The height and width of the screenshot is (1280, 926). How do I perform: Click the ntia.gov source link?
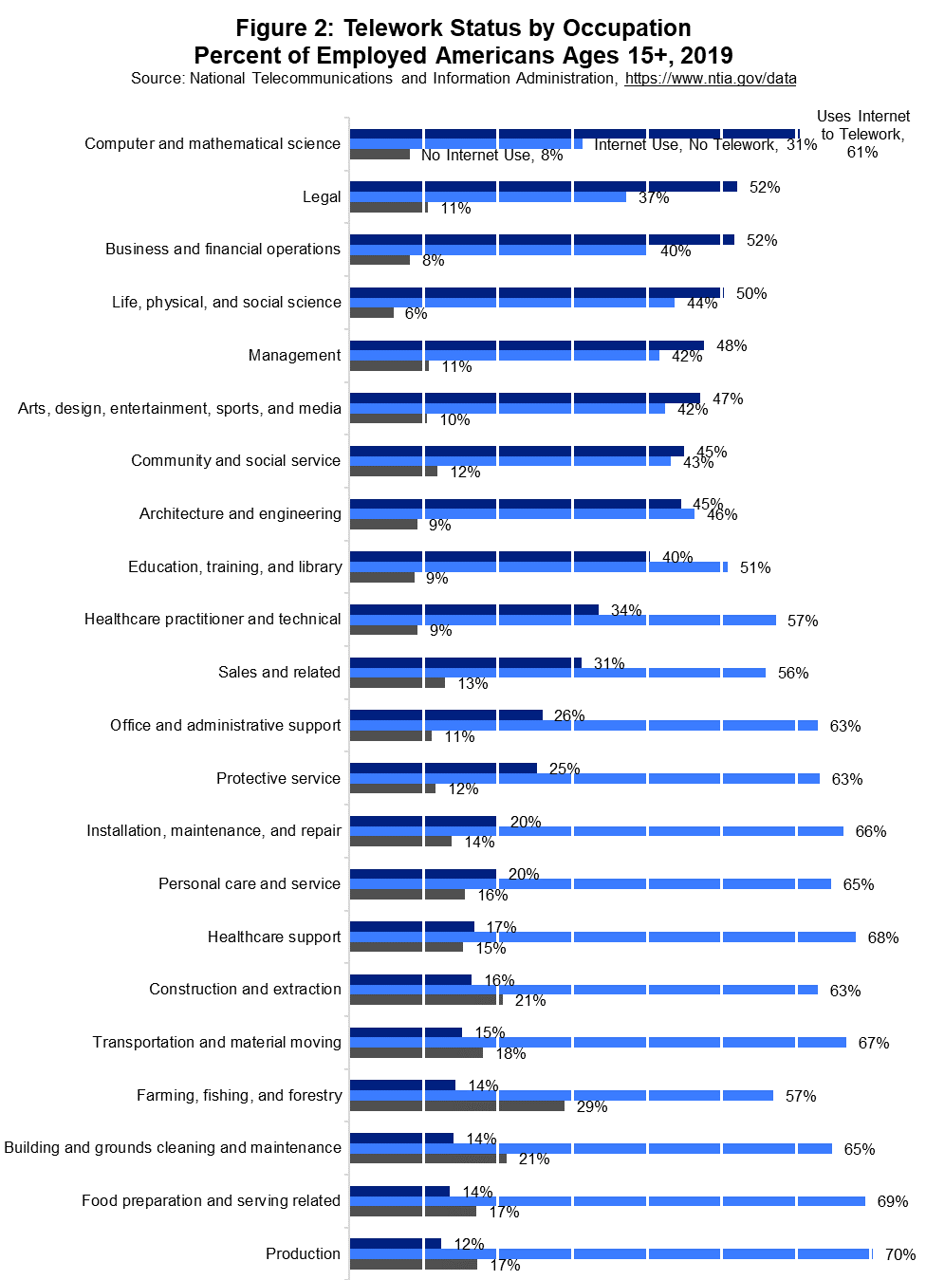point(710,79)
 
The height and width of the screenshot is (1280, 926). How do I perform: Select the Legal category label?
point(322,196)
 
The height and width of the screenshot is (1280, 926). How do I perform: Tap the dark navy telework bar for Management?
point(527,345)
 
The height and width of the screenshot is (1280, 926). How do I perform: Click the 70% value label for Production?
point(899,1254)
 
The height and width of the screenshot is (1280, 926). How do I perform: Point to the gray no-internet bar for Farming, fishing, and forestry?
point(456,1105)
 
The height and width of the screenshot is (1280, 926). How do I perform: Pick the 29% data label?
point(592,1106)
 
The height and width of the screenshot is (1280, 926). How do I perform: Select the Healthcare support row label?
point(274,937)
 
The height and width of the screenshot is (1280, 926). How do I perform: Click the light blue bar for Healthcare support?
point(602,937)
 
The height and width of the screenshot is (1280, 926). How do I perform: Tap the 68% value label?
point(882,937)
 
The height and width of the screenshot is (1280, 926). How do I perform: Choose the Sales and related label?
point(279,672)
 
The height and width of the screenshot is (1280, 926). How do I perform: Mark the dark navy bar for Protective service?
point(443,768)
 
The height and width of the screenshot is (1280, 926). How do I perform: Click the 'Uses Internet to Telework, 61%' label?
point(862,134)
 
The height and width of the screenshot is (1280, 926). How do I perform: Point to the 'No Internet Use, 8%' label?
point(491,156)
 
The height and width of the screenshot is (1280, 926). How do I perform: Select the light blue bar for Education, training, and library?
point(538,566)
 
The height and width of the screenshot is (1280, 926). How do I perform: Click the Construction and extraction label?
point(245,989)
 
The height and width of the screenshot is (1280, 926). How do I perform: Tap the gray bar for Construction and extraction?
point(426,999)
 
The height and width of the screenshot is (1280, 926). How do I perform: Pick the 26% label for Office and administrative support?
point(569,715)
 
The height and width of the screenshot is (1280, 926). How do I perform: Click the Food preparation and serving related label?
point(211,1200)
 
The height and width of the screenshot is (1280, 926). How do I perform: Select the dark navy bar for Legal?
point(543,187)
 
